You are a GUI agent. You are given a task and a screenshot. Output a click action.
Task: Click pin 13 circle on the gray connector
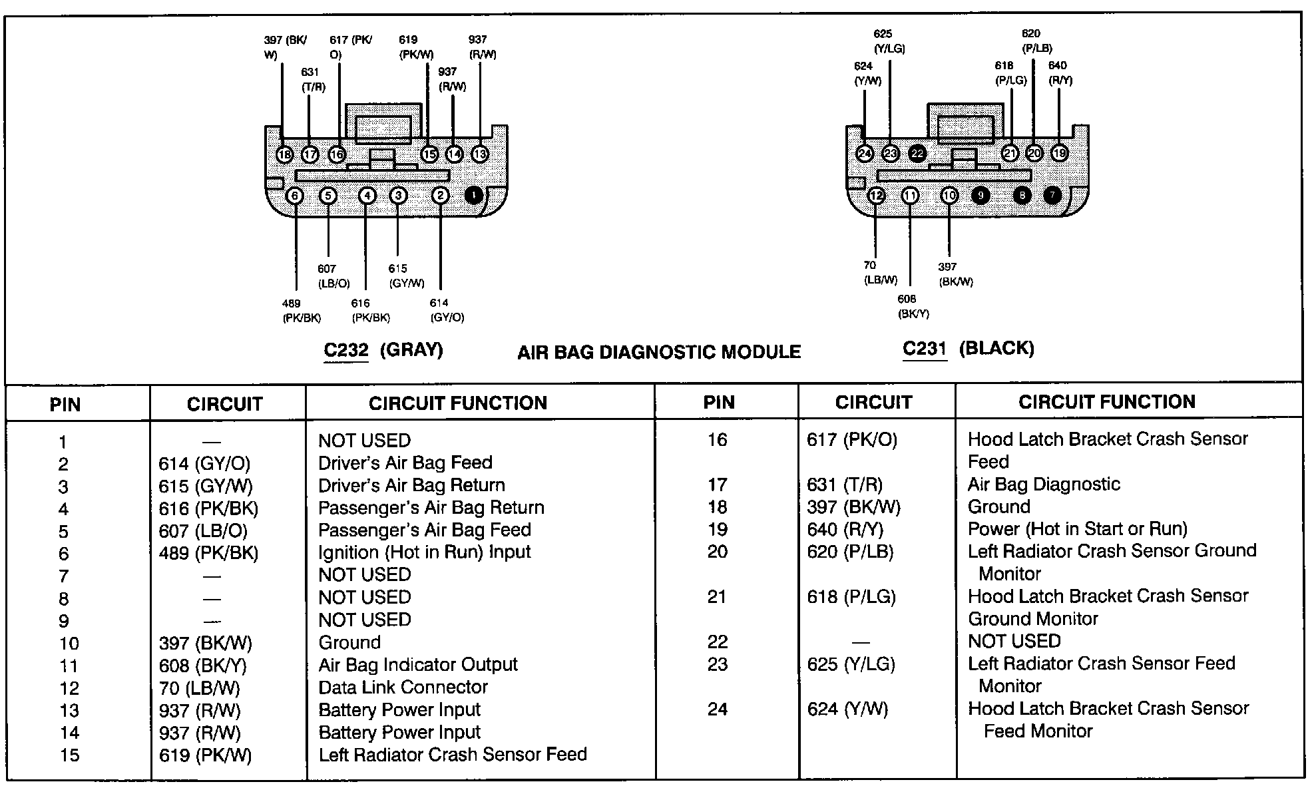(479, 154)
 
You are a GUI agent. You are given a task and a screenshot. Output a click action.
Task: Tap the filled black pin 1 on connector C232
(473, 196)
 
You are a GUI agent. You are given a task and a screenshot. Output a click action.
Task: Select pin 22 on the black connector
(917, 154)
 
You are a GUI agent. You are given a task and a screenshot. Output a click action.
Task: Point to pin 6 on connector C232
(294, 196)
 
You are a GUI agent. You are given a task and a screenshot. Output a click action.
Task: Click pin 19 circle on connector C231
(1059, 153)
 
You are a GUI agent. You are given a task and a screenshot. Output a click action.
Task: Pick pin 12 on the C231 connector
(876, 196)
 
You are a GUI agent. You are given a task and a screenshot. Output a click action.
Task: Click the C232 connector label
(346, 350)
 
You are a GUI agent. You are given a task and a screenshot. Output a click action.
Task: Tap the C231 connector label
(925, 348)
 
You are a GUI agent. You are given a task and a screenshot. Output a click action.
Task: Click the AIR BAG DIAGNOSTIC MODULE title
(659, 352)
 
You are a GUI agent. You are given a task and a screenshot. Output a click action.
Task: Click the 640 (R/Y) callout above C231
(1060, 73)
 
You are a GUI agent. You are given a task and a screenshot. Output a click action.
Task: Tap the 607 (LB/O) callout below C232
(333, 276)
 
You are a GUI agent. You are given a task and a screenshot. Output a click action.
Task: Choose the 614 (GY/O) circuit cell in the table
(204, 464)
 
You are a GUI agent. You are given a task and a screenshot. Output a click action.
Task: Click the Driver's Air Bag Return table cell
(411, 485)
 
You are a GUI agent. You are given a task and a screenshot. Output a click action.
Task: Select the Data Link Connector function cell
(403, 687)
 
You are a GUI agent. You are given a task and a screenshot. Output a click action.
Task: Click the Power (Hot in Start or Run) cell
(1077, 529)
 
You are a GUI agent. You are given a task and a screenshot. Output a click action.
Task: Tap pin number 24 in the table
(717, 709)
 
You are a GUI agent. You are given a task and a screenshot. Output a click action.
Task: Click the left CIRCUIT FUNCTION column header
(458, 403)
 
